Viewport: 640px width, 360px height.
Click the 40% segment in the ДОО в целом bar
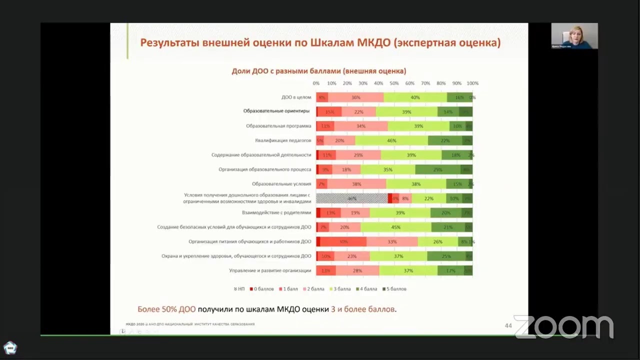point(415,97)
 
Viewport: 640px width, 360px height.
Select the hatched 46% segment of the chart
point(352,198)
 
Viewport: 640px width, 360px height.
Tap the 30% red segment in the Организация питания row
point(343,242)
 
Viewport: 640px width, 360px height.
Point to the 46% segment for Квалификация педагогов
point(391,140)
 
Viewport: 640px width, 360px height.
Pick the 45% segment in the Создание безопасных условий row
point(395,227)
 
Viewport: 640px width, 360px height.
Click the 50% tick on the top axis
point(394,83)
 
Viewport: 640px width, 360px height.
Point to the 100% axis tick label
point(472,83)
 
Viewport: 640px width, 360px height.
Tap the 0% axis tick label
point(316,83)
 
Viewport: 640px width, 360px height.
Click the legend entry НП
point(239,289)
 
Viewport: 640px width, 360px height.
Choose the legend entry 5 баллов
point(394,289)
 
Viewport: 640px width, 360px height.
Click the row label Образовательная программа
point(278,126)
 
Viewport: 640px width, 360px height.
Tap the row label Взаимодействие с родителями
point(276,213)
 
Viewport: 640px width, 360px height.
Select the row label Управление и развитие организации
point(270,271)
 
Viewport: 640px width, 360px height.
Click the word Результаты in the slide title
point(169,42)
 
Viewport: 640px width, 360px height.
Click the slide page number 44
point(508,326)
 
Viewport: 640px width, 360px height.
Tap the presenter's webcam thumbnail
point(574,36)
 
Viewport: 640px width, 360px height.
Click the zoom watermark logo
point(563,326)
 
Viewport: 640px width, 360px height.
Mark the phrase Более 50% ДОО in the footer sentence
point(166,309)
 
